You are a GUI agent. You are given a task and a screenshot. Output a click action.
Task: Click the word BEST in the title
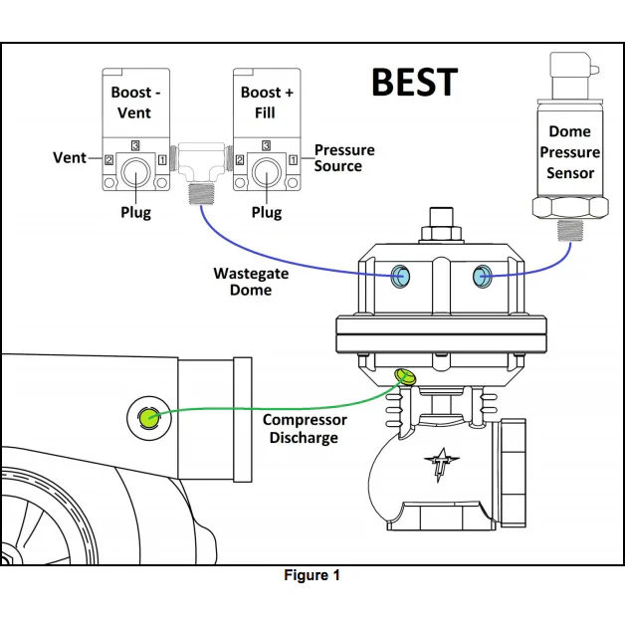[414, 82]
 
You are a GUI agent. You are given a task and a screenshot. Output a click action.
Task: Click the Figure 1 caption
[312, 575]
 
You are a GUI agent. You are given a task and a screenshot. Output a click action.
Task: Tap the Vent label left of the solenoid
[70, 158]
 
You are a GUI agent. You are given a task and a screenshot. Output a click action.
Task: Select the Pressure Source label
[344, 157]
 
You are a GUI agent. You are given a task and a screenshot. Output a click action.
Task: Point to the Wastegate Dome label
[244, 281]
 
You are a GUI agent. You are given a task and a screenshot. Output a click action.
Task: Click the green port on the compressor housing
[148, 417]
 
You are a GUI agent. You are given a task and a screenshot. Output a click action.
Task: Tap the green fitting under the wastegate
[405, 377]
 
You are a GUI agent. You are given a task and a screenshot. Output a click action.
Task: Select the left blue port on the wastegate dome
[400, 276]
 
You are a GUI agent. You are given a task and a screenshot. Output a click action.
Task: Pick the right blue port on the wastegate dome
[483, 275]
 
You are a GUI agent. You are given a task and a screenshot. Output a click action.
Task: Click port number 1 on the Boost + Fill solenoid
[294, 160]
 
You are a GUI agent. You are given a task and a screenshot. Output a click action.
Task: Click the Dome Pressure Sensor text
[570, 152]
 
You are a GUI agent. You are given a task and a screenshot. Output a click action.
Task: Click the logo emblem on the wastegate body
[440, 465]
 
